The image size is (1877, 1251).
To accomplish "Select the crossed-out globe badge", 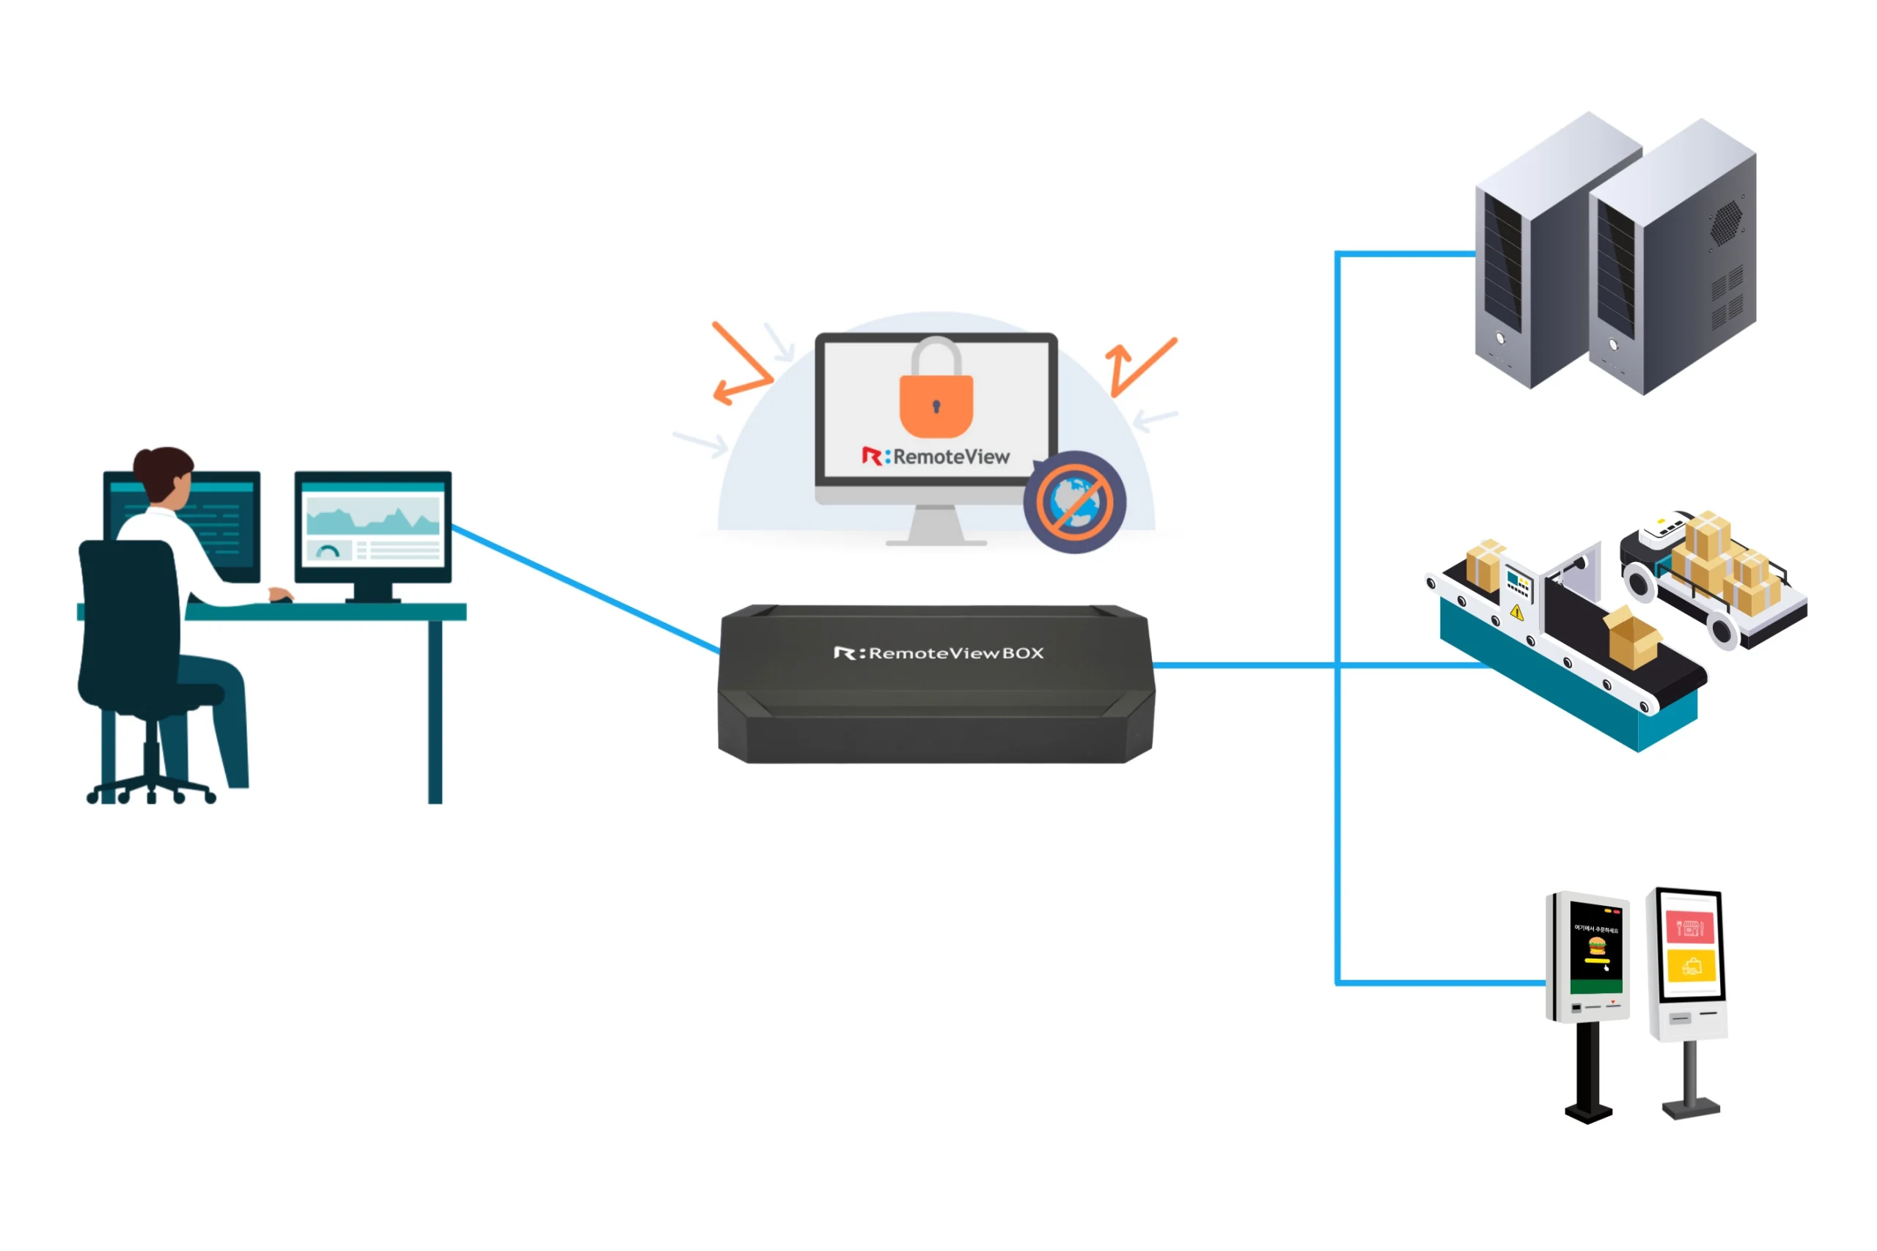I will (x=1074, y=502).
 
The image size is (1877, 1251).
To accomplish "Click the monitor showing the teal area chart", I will (x=372, y=528).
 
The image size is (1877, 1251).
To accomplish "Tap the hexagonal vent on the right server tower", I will (x=1725, y=222).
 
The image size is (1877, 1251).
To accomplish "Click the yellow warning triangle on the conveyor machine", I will (x=1517, y=613).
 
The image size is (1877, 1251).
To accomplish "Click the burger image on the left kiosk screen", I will (x=1597, y=946).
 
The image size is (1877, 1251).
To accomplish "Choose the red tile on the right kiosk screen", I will (x=1689, y=928).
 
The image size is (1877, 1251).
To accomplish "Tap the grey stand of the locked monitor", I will (x=936, y=528).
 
